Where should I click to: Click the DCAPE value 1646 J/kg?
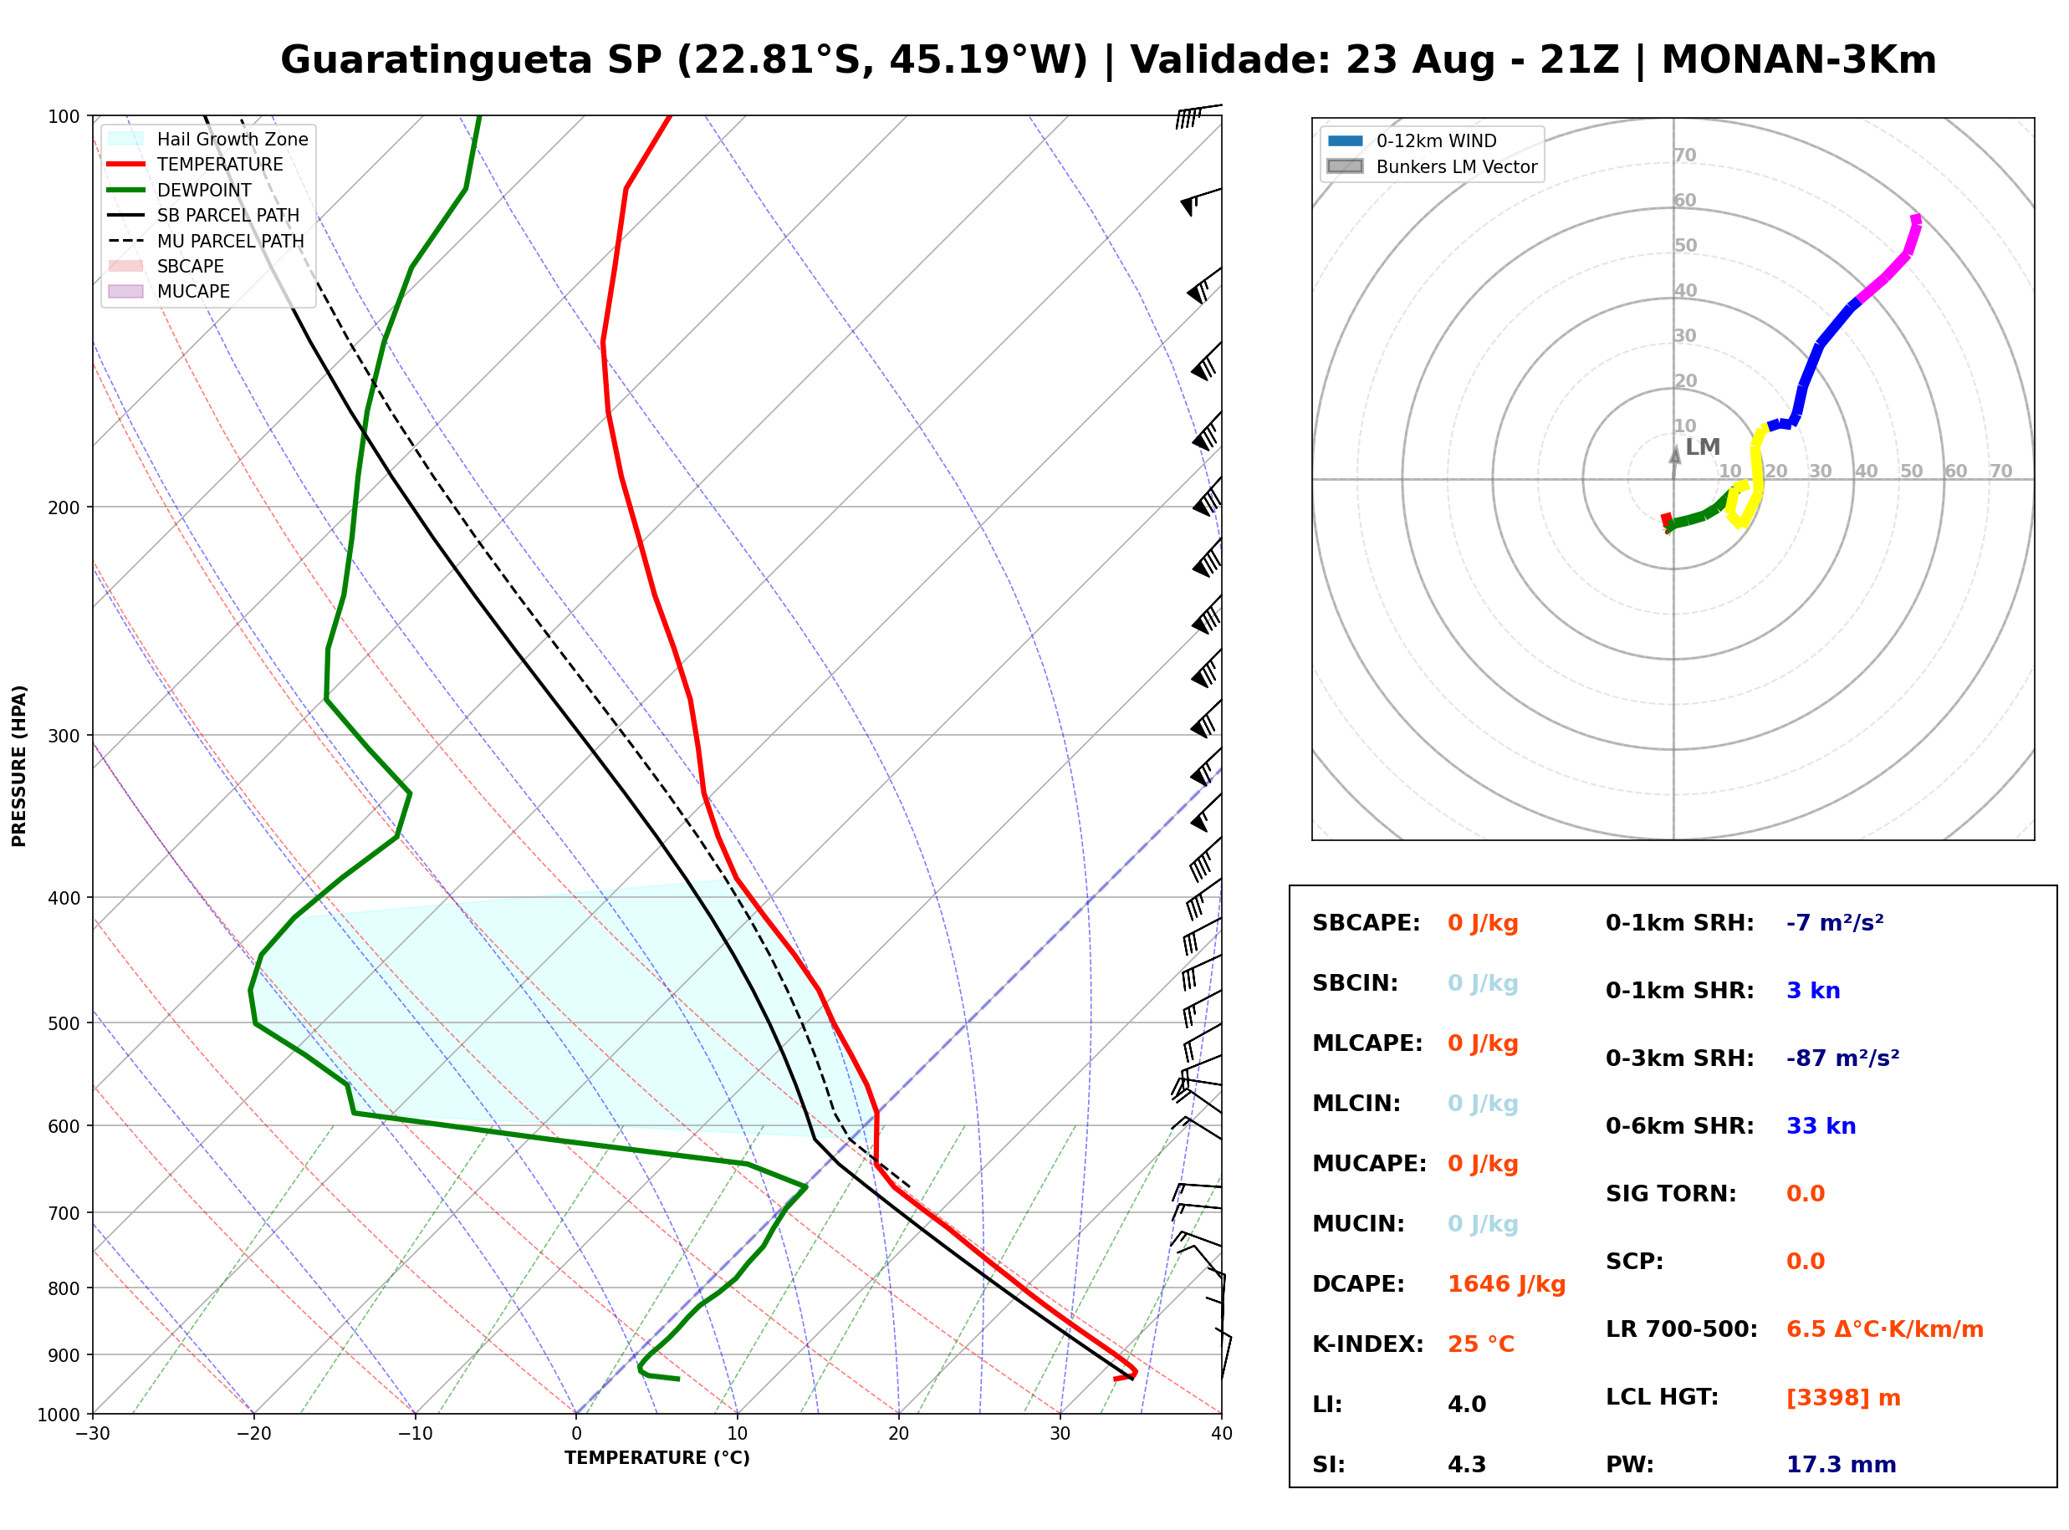(x=1506, y=1284)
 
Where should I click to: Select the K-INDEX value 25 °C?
(x=1481, y=1344)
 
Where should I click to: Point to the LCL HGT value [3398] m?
(x=1843, y=1398)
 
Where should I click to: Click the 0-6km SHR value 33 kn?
(x=1821, y=1126)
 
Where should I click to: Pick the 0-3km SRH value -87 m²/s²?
(x=1842, y=1058)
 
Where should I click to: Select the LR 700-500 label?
(x=1681, y=1330)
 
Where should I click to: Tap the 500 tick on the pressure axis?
(x=64, y=1023)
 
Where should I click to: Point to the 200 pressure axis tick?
(x=64, y=507)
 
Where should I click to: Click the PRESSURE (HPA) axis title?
(x=19, y=766)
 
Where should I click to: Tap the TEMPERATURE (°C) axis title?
(x=656, y=1459)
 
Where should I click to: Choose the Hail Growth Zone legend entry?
(x=208, y=139)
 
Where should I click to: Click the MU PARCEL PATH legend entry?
(x=206, y=241)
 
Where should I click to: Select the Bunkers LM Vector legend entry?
(x=1432, y=166)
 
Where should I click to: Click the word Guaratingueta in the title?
(x=437, y=60)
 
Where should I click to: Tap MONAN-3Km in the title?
(x=1799, y=60)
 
